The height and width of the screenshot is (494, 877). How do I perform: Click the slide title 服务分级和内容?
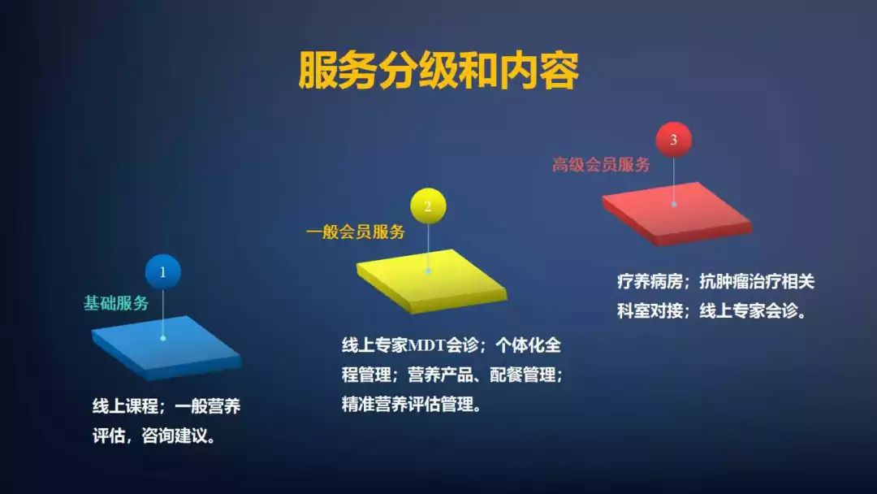438,71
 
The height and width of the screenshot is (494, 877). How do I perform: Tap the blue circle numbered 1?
163,273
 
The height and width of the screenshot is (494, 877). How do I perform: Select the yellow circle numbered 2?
428,206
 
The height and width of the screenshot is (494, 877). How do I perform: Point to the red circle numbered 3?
673,140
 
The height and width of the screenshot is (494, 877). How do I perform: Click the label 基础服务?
117,303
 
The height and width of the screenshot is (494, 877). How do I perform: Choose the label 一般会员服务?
356,232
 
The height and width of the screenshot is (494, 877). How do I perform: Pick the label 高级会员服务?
601,165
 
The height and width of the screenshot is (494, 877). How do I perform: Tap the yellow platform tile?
430,279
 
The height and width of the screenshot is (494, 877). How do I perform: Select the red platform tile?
676,211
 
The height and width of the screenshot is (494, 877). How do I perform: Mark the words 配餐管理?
524,375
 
